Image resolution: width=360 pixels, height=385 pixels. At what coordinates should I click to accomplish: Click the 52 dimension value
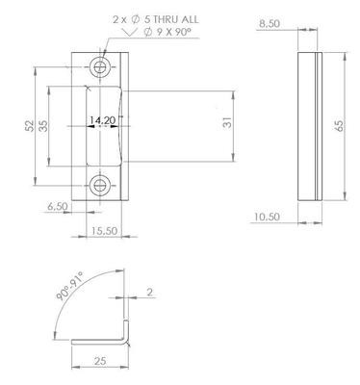30,125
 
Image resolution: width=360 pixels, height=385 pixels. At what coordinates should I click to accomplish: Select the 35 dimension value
43,125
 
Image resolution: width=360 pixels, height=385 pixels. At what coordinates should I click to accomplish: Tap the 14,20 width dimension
102,120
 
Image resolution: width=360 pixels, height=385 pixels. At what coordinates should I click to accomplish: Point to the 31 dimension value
227,122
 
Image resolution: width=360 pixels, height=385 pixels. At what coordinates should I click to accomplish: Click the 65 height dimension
339,125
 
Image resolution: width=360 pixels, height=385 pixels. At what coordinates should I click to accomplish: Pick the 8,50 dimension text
270,24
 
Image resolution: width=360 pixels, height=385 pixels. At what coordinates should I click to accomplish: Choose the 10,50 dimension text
267,217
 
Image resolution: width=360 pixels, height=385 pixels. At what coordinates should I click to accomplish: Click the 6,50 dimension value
58,206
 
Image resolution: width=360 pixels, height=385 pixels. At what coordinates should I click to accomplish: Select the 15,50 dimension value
104,231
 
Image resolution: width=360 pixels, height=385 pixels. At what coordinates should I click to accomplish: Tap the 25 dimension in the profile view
100,361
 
